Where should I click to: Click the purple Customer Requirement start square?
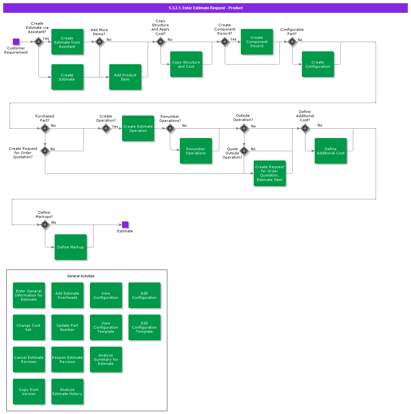tap(16, 42)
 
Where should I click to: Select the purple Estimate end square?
tap(125, 225)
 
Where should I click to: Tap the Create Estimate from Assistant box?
tap(67, 42)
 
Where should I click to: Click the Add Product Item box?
tap(125, 77)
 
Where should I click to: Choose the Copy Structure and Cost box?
tap(186, 64)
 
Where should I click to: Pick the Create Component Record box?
tap(257, 42)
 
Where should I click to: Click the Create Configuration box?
tap(318, 64)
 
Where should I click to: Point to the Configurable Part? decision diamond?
tap(292, 42)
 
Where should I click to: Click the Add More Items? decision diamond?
tap(100, 42)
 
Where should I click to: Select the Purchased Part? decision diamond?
tap(45, 128)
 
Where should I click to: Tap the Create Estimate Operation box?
tap(138, 128)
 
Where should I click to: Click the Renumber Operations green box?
tap(196, 151)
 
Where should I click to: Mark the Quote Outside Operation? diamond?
tap(244, 151)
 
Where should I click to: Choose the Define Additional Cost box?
tap(331, 151)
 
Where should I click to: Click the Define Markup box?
tap(71, 247)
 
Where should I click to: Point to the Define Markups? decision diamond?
tap(45, 225)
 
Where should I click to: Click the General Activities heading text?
tap(81, 276)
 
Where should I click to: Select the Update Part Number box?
tap(67, 327)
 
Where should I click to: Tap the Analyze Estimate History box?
tap(67, 392)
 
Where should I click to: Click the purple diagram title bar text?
tap(205, 8)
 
